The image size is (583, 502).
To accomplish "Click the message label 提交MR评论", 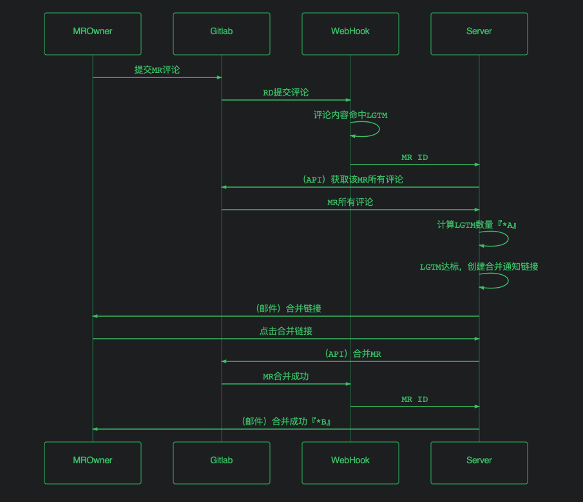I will [x=157, y=70].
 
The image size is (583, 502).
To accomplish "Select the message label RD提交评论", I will [x=286, y=92].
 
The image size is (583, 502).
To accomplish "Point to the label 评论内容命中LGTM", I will [x=350, y=115].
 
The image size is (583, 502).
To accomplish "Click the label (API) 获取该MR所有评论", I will [x=353, y=179].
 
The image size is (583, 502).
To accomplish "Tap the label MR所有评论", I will [x=350, y=202].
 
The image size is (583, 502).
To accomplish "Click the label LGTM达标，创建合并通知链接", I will [x=479, y=266].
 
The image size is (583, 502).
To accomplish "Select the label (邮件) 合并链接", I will [x=288, y=308].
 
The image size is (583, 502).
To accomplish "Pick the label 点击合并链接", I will [x=286, y=331].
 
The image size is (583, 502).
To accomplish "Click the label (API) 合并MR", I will [x=353, y=354].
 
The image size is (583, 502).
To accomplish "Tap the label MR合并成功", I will [x=286, y=376].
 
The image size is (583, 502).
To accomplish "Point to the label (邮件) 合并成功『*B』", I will [x=287, y=421].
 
